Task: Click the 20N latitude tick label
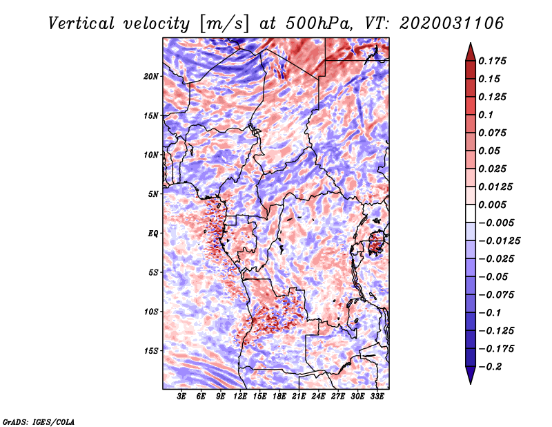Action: coord(151,76)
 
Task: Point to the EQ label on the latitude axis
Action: coord(153,233)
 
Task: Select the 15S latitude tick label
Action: coord(151,350)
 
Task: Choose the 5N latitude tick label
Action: coord(153,193)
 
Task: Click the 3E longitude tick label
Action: coord(182,397)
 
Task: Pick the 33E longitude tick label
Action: coord(377,397)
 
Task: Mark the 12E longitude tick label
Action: coord(241,397)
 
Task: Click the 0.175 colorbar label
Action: coord(493,61)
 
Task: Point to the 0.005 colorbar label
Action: coord(493,205)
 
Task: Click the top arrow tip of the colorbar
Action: coord(469,44)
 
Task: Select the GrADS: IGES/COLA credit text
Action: coord(39,420)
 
